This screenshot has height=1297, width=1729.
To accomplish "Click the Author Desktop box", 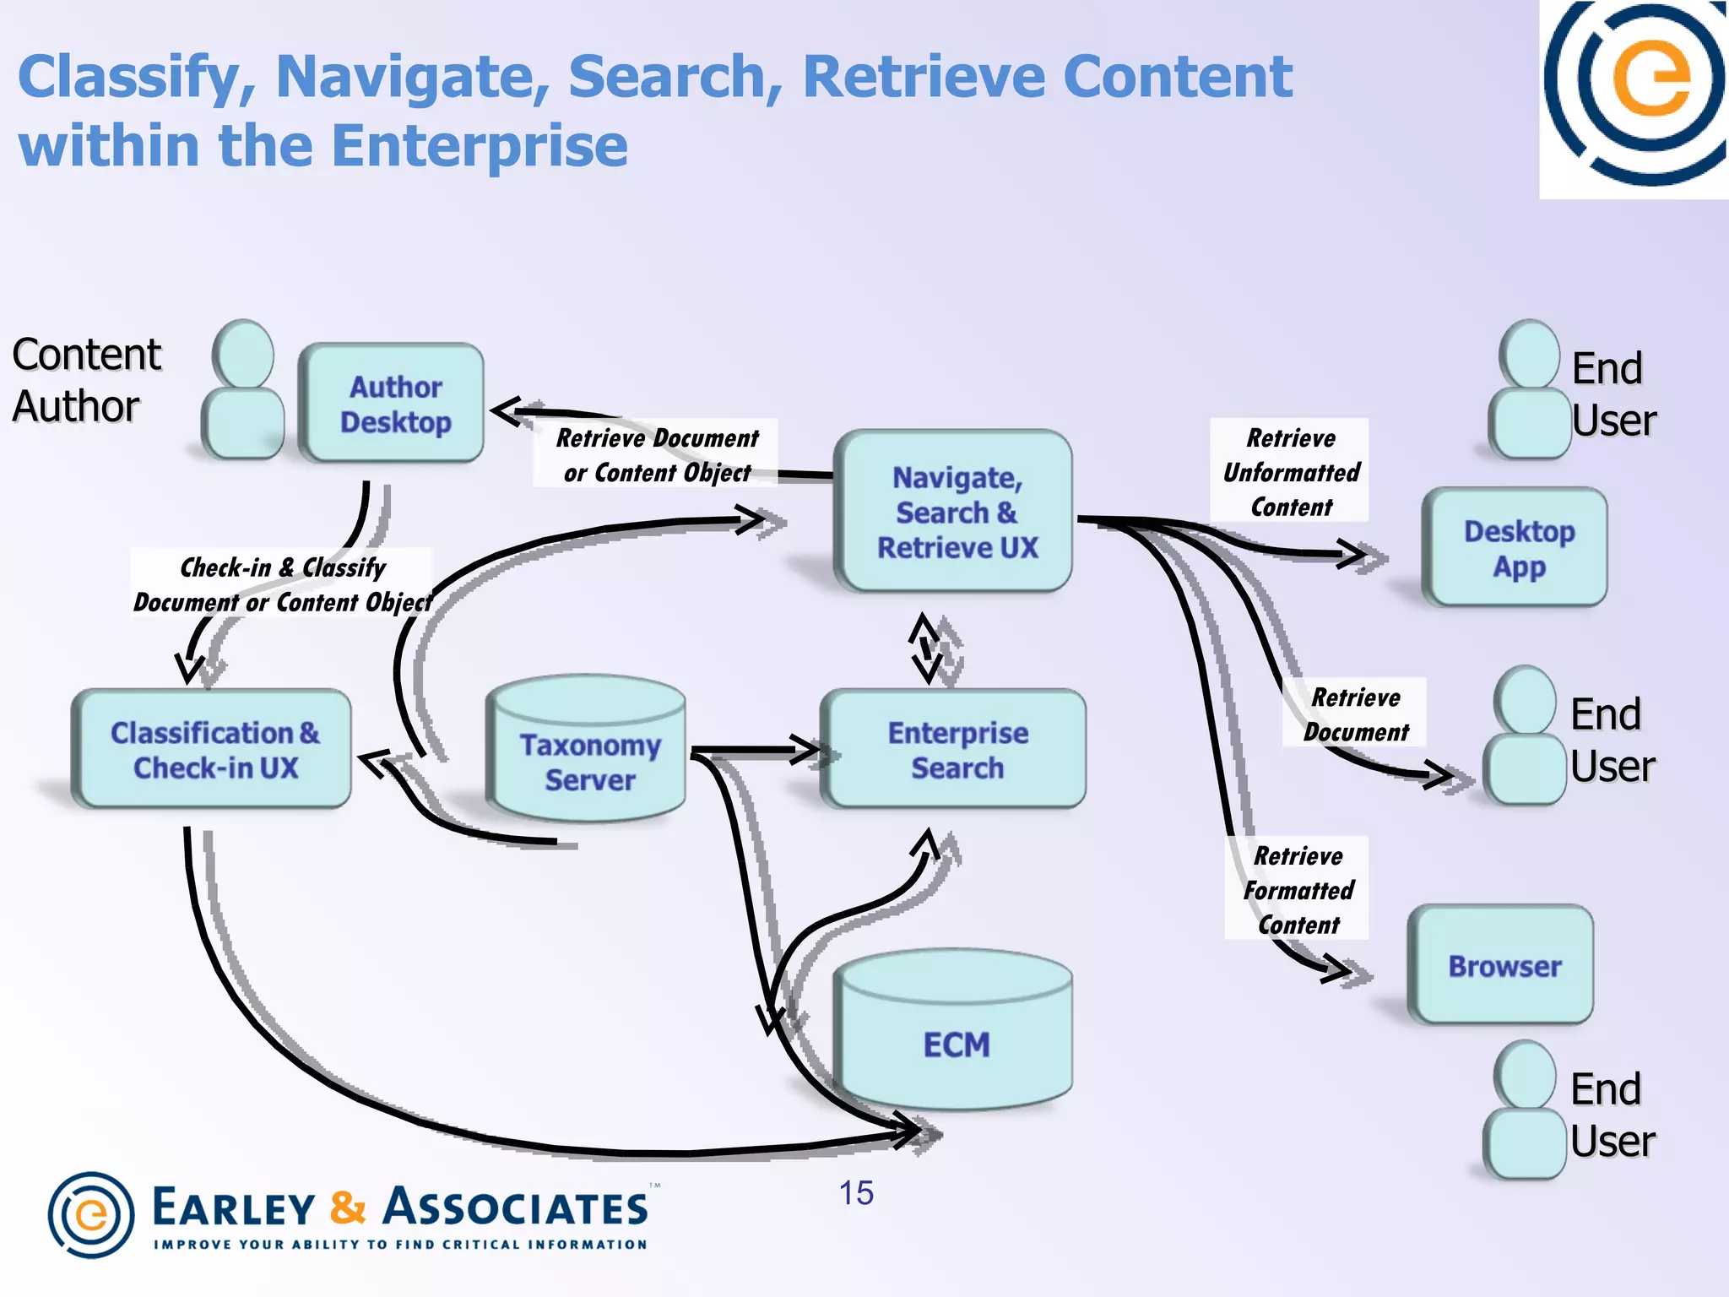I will pos(392,404).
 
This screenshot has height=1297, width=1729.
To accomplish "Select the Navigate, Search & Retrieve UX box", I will pos(954,512).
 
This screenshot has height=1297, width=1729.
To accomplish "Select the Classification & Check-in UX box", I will pos(213,750).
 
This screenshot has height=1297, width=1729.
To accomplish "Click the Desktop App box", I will pos(1516,547).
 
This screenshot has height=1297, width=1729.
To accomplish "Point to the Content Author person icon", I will pos(243,390).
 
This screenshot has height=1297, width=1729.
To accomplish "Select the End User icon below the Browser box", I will pos(1525,1110).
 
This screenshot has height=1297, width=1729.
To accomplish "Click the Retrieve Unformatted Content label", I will pos(1290,471).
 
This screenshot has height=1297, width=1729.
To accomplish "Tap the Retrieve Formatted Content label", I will pos(1298,889).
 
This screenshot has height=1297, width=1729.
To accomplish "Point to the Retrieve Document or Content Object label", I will pos(656,454).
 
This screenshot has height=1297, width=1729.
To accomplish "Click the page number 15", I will pos(855,1193).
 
